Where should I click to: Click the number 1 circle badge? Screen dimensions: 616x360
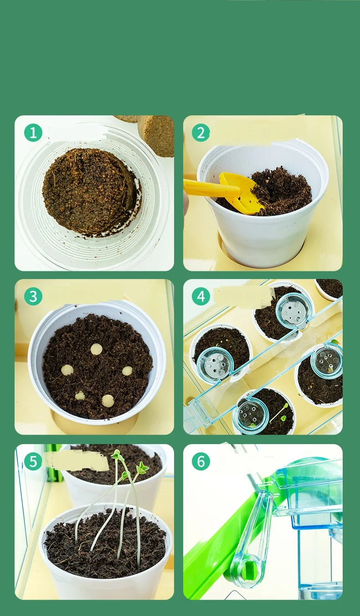point(33,133)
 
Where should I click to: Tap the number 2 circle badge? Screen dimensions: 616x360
point(201,133)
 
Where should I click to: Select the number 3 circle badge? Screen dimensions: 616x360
point(33,296)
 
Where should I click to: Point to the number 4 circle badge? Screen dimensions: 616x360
point(201,296)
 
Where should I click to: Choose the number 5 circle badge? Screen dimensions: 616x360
point(33,461)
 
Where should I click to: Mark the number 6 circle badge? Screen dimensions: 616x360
point(201,461)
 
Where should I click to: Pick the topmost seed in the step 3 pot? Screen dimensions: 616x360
point(96,349)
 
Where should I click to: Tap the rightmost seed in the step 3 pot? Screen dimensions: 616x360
point(127,371)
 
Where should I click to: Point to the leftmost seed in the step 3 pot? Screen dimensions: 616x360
point(67,370)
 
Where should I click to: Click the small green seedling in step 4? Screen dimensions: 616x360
point(280,412)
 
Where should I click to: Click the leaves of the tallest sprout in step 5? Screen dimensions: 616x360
point(117,455)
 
